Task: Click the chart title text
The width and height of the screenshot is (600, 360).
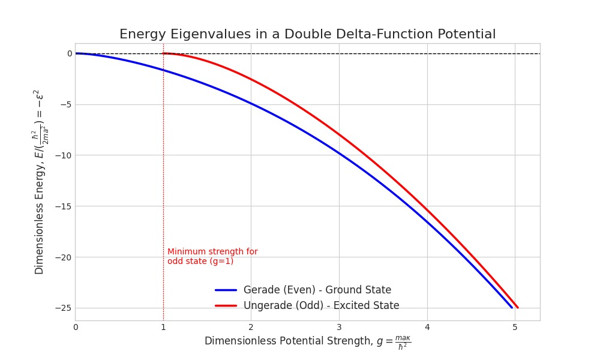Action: pos(307,34)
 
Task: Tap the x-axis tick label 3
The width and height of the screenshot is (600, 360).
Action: pos(339,327)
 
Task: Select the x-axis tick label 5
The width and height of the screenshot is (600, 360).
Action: pos(515,327)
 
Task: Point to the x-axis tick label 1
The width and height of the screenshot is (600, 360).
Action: pos(163,327)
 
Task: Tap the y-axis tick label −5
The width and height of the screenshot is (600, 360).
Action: pos(66,104)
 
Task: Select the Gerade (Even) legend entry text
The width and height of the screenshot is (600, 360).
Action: pos(317,290)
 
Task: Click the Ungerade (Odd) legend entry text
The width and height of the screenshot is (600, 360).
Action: pos(321,305)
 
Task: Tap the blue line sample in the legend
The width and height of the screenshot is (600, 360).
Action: pos(226,290)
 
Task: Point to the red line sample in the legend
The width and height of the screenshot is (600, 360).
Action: pos(226,305)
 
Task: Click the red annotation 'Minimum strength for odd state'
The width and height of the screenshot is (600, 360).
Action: pos(212,256)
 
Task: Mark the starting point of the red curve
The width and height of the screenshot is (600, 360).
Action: pos(164,53)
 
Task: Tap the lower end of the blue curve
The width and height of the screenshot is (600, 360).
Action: pos(512,308)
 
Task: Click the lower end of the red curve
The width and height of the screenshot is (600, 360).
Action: pos(517,308)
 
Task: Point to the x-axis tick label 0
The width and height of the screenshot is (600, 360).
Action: pos(76,327)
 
